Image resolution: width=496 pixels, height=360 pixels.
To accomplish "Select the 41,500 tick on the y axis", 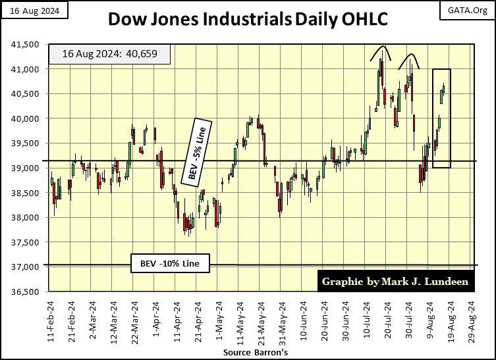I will (x=27, y=44).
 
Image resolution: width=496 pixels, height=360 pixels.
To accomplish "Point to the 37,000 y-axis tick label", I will (x=27, y=267).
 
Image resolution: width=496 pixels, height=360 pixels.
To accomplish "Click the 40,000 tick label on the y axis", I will (x=27, y=118).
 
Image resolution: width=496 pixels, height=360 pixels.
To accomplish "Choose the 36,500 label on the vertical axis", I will (x=27, y=292).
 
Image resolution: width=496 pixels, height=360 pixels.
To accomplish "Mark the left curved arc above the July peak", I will (x=381, y=52).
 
